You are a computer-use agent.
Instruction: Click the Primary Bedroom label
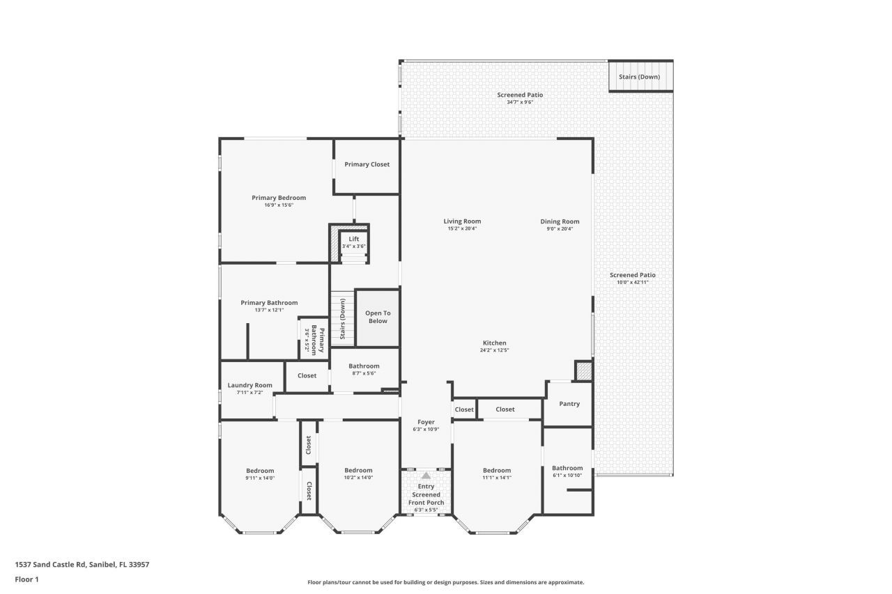point(279,198)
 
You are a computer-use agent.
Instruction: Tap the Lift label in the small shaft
point(354,239)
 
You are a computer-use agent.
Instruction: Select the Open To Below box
point(378,317)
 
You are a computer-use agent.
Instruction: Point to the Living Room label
point(462,221)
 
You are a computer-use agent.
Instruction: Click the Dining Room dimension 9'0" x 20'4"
point(560,228)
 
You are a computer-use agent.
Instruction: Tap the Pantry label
point(569,404)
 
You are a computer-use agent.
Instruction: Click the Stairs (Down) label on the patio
point(639,77)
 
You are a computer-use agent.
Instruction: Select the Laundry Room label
point(249,385)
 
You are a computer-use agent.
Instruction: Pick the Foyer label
point(426,422)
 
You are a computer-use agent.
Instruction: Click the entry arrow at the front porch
point(426,475)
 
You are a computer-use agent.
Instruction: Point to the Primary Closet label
point(367,164)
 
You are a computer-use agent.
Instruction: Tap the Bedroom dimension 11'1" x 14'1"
point(497,478)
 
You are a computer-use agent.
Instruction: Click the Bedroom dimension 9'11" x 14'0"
point(260,478)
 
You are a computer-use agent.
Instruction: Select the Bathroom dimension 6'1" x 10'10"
point(567,476)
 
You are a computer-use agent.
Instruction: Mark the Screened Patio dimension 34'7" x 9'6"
point(520,102)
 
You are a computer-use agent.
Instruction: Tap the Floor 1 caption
point(26,579)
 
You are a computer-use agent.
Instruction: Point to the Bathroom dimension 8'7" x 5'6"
point(364,373)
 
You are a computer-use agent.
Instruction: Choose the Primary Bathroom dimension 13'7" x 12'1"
point(269,310)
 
